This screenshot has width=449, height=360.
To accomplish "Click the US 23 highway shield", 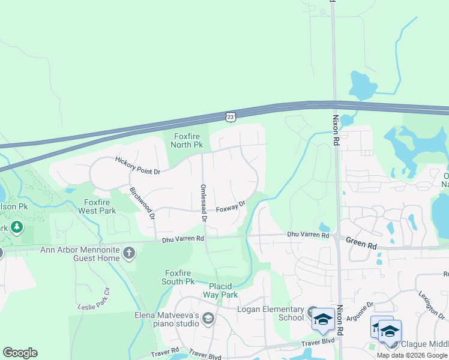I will [x=231, y=116].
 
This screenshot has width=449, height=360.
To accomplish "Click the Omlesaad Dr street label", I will [x=203, y=204].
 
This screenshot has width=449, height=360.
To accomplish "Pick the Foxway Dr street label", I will [x=231, y=206].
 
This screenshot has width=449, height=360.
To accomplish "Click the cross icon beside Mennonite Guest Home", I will [x=129, y=253].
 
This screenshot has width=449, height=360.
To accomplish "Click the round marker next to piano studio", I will [x=208, y=318].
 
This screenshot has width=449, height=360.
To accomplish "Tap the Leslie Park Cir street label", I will [x=94, y=299].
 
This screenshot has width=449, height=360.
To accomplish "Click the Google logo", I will [x=20, y=353].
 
